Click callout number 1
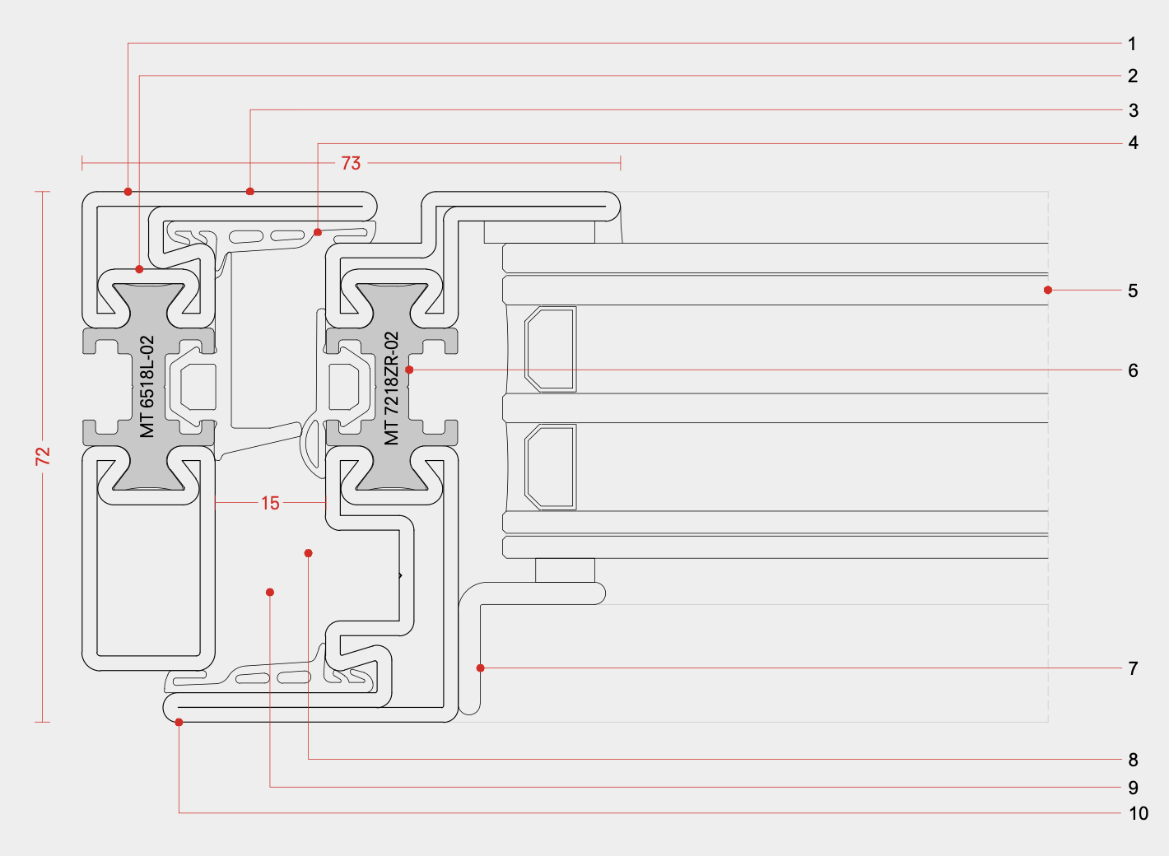point(1132,44)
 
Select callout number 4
point(1133,143)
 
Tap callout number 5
point(1133,291)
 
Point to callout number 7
point(1133,668)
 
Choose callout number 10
point(1138,813)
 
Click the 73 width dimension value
point(351,163)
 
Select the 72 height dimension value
point(43,456)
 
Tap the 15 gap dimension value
point(270,503)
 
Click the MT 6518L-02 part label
point(147,386)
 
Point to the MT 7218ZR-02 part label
point(392,388)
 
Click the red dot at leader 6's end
point(409,370)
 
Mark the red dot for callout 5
point(1047,290)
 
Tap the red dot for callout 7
point(481,668)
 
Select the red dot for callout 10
point(179,722)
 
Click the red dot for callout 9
point(270,592)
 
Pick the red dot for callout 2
point(140,269)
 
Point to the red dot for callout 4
point(318,232)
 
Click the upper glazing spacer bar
point(551,348)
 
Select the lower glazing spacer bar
point(551,467)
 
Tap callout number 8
point(1133,760)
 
